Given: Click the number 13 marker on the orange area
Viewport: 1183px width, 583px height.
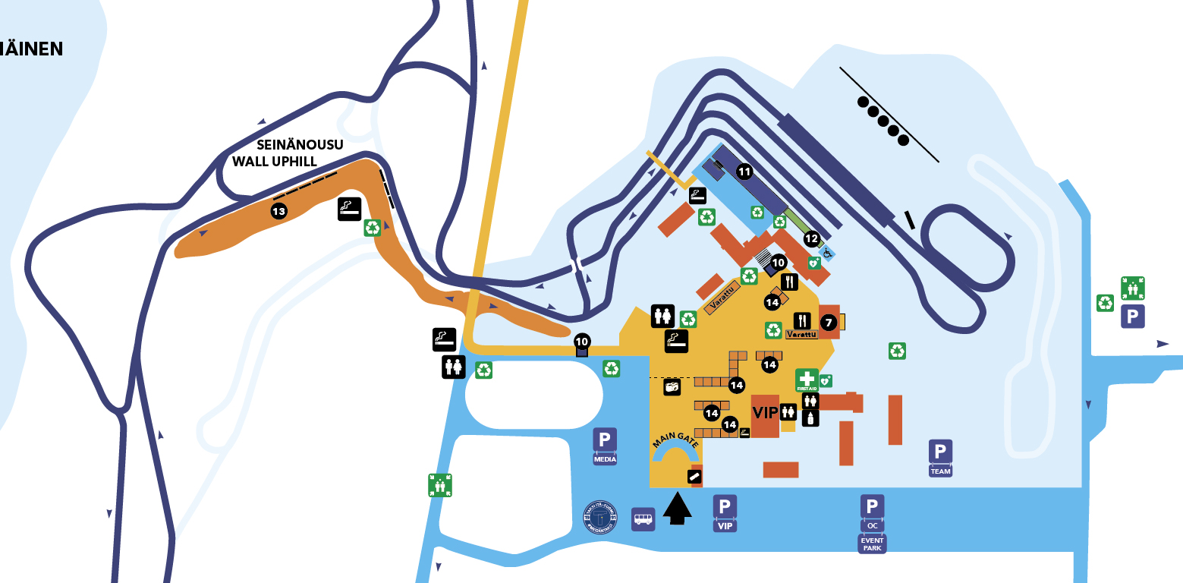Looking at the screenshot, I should point(278,210).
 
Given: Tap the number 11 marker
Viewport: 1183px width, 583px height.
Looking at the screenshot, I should point(744,172).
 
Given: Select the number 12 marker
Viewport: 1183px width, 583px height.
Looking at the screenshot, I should point(811,238).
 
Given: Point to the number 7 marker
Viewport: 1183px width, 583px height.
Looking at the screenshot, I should point(829,323).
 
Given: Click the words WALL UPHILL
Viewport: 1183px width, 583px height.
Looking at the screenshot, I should point(274,161).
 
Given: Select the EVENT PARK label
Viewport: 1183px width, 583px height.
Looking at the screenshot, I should point(872,544).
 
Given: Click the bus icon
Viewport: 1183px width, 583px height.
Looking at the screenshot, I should point(643,519).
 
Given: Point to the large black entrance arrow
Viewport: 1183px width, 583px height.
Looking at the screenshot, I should point(678,507).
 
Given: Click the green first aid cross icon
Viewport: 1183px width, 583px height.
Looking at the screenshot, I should point(807,379).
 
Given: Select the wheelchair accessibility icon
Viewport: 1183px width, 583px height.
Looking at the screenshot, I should point(826,252).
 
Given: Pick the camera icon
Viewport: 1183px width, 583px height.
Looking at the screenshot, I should point(672,387).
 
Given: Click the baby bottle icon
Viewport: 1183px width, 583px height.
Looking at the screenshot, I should point(810,418).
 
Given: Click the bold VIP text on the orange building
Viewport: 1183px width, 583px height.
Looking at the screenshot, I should point(765,412).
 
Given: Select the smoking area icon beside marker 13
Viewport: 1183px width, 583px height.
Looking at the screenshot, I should point(349,210).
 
